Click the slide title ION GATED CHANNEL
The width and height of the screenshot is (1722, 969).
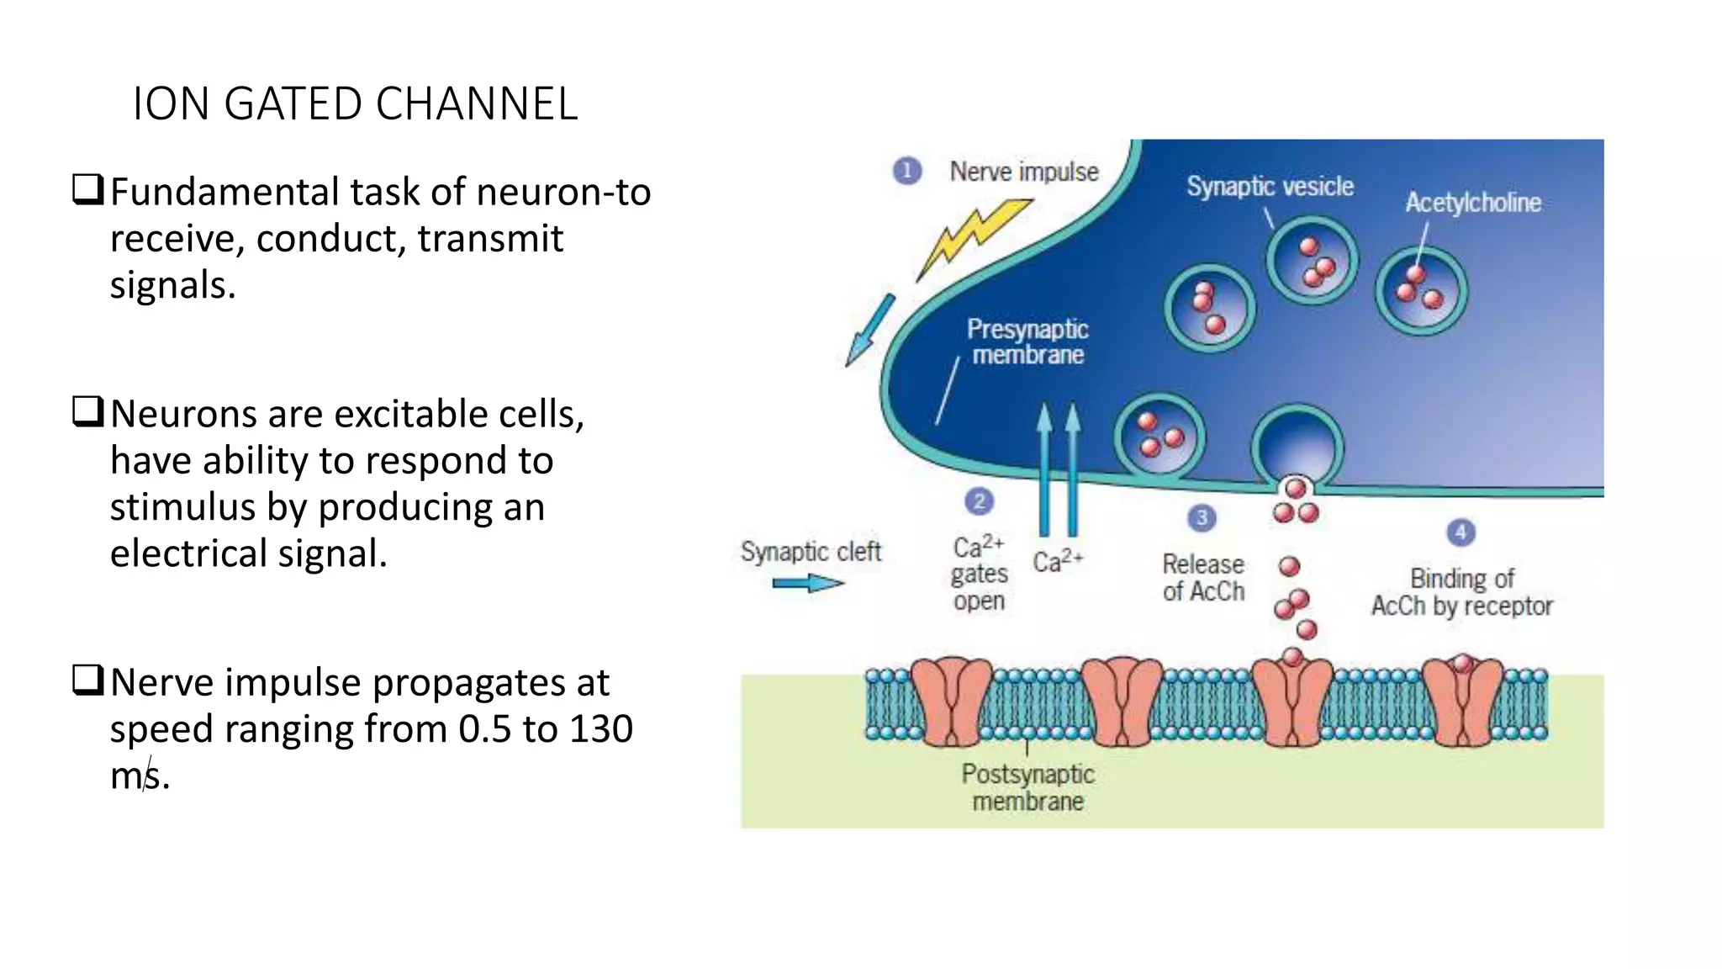[x=355, y=104]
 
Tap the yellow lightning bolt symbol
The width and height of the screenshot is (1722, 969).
[x=975, y=236]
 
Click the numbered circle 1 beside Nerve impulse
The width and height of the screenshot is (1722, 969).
[x=906, y=172]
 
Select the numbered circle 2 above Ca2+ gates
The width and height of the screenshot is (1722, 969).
[x=979, y=502]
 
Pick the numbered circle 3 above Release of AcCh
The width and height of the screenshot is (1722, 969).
[x=1202, y=517]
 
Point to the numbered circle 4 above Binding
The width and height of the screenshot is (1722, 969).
[x=1461, y=532]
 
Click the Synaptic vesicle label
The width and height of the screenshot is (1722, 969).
[x=1270, y=186]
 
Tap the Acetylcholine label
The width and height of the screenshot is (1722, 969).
[x=1473, y=203]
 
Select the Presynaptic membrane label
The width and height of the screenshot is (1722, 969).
[x=1027, y=342]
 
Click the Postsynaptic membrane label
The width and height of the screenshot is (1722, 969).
[x=1027, y=787]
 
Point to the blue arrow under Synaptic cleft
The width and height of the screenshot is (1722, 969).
[x=807, y=583]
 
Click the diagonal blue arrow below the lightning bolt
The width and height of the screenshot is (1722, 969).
[x=869, y=331]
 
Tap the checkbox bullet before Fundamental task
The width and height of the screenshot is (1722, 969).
[x=87, y=189]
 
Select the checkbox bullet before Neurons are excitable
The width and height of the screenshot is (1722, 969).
[x=87, y=411]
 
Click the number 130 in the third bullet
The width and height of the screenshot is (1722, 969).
[x=600, y=728]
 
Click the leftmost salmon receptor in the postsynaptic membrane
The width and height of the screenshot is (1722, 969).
[x=952, y=702]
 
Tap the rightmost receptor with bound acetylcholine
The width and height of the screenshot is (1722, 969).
[x=1463, y=702]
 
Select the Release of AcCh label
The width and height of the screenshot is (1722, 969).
[x=1203, y=578]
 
